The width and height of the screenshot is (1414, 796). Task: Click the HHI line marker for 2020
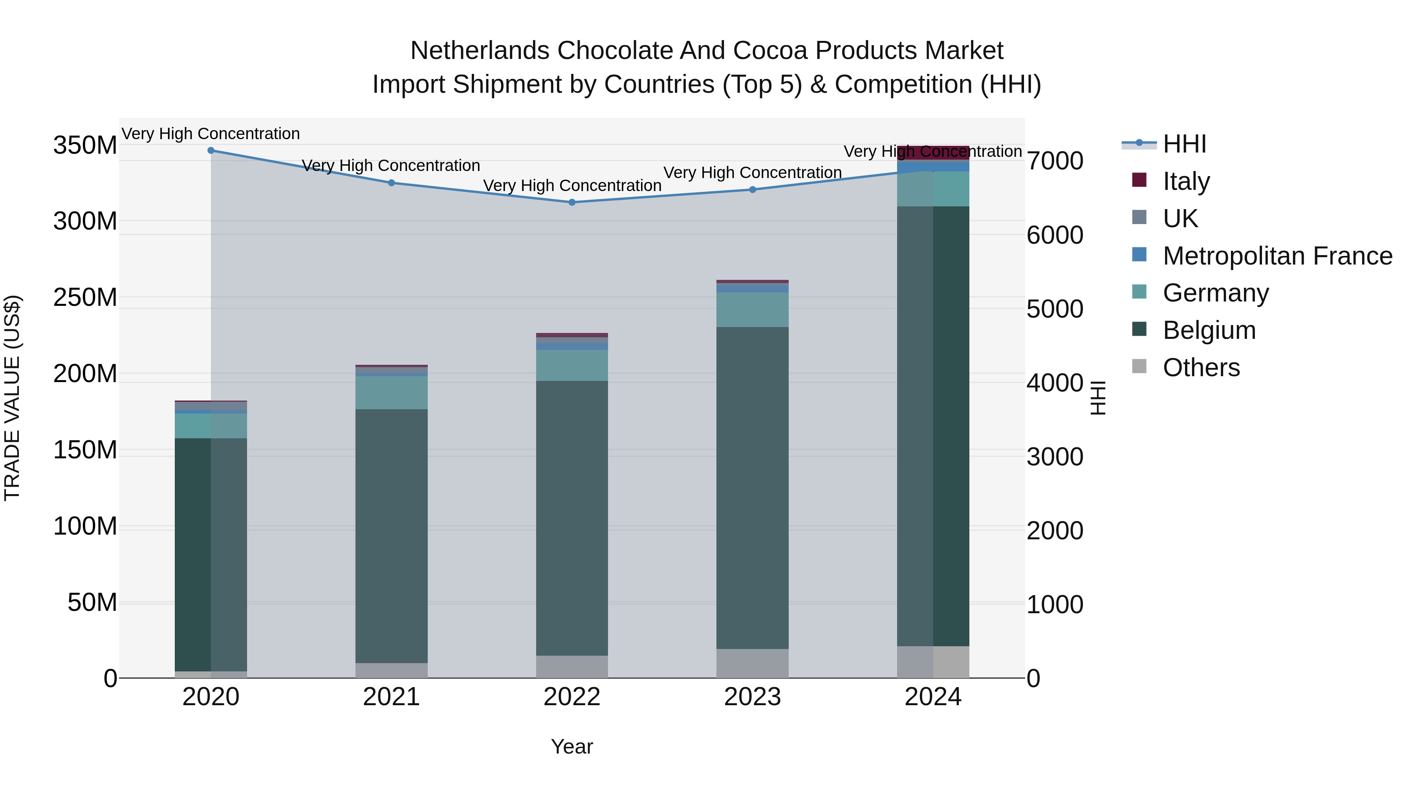(x=211, y=150)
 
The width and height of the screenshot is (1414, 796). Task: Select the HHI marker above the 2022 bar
(x=572, y=202)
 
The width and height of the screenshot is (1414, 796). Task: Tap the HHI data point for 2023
(x=753, y=189)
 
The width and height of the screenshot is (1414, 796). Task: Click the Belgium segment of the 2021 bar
(x=391, y=536)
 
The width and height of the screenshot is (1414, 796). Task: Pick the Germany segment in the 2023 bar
(x=753, y=310)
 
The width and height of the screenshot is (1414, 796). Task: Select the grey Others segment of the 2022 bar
(x=572, y=666)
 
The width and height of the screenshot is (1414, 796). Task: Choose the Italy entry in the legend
(x=1186, y=181)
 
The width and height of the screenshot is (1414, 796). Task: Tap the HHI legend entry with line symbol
(x=1183, y=144)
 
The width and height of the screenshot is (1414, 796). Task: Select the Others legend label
(x=1201, y=368)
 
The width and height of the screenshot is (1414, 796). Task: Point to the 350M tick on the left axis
(x=85, y=145)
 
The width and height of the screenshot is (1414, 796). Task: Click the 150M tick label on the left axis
(x=85, y=450)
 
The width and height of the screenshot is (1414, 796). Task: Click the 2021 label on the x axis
(x=391, y=697)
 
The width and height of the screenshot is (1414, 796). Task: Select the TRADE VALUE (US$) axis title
(x=12, y=398)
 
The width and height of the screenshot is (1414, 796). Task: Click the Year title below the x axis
(x=572, y=746)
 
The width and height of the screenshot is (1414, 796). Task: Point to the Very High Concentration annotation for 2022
(x=572, y=186)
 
